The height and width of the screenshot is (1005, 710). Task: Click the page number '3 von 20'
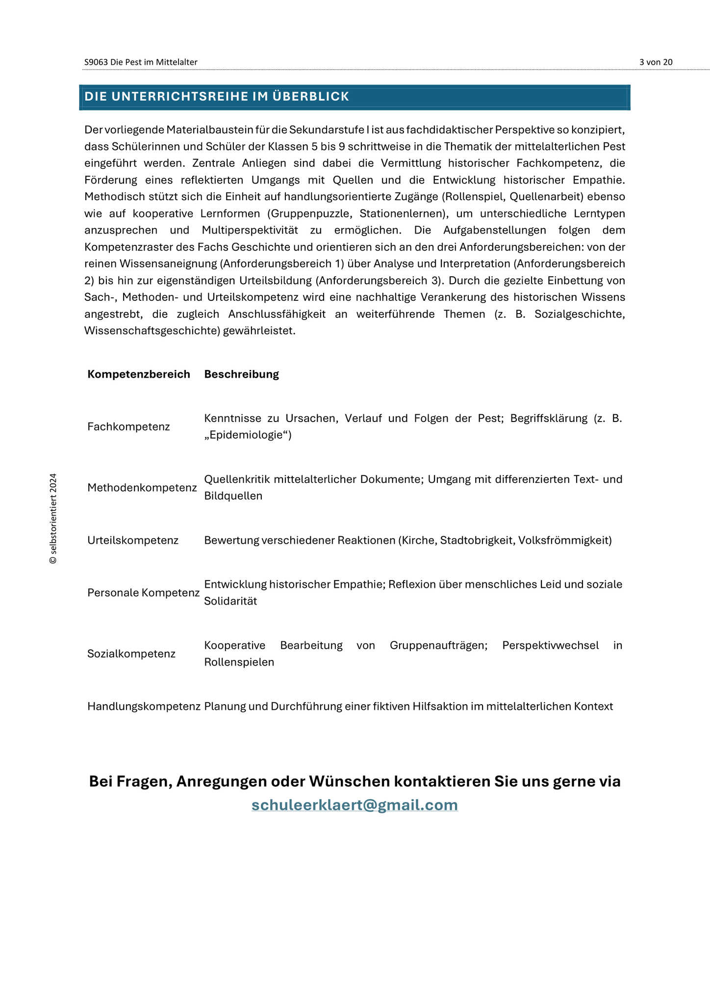pos(656,62)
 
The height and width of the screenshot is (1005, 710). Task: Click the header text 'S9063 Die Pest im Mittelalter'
pos(141,62)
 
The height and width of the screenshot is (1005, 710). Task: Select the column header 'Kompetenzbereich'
pos(138,374)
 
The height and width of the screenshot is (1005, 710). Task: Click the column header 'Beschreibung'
pos(241,374)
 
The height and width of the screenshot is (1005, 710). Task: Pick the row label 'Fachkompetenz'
pos(128,426)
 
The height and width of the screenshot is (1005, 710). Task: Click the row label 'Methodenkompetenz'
pos(142,487)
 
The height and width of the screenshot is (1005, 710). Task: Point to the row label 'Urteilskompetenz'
pos(133,540)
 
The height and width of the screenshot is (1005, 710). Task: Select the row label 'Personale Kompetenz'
pos(143,593)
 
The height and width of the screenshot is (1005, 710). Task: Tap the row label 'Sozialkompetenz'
pos(131,654)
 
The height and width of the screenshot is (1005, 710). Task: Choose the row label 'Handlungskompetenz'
pos(144,706)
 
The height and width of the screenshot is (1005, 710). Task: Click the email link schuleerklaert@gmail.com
pos(355,805)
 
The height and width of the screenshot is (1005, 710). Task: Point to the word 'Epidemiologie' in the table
pos(248,435)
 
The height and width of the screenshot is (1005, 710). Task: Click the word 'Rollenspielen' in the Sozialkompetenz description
pos(239,662)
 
